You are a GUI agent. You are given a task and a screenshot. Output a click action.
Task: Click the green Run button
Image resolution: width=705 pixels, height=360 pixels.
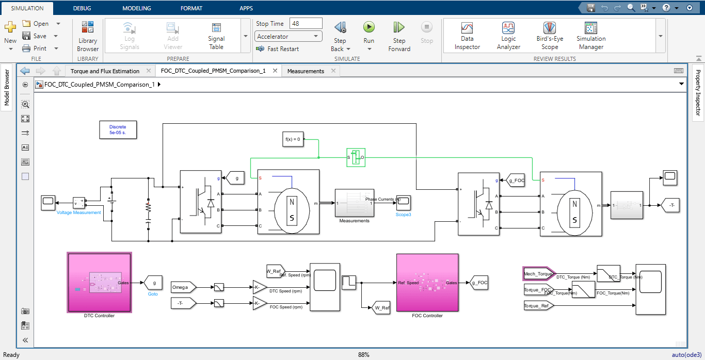click(x=368, y=28)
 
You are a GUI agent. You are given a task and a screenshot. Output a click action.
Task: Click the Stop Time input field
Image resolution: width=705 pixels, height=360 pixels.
click(x=306, y=23)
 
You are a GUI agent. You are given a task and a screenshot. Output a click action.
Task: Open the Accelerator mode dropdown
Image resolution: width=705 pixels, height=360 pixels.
click(x=289, y=37)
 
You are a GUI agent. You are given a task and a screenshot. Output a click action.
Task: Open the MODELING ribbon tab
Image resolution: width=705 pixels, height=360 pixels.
click(x=137, y=8)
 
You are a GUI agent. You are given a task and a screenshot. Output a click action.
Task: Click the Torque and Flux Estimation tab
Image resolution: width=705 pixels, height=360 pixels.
click(x=105, y=71)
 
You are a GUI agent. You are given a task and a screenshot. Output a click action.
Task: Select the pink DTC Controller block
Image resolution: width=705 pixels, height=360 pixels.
click(x=100, y=282)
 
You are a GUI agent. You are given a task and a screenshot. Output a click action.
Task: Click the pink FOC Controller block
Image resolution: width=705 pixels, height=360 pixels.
click(x=427, y=283)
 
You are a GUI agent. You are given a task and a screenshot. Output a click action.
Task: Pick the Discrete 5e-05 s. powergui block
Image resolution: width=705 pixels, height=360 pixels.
click(x=118, y=130)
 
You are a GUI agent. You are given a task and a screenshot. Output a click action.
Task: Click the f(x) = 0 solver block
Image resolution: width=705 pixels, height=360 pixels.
click(x=293, y=139)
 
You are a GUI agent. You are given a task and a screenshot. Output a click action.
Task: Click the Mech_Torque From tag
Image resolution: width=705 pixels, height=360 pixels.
click(x=538, y=274)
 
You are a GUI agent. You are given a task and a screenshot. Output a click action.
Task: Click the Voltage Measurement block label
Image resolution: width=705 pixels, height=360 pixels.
click(x=78, y=212)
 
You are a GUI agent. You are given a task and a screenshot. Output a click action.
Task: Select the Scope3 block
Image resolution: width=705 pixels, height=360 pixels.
click(x=403, y=200)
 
